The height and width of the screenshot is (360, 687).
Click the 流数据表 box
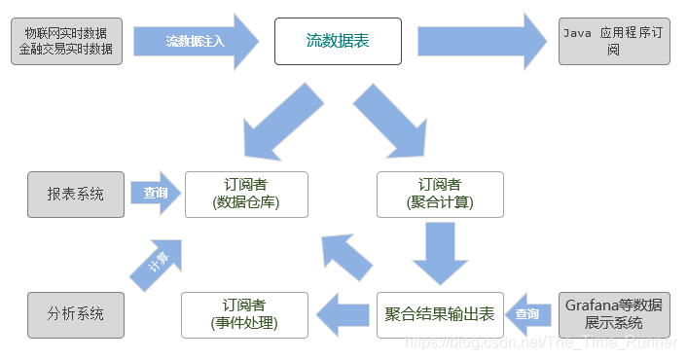(x=338, y=41)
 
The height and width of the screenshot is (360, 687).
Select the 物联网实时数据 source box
(x=66, y=41)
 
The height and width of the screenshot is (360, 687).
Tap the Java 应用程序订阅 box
(x=614, y=41)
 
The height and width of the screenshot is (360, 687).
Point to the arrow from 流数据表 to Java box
(x=483, y=41)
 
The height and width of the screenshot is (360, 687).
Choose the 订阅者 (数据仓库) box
(x=246, y=194)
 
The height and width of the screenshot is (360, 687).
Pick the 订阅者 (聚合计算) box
(x=440, y=194)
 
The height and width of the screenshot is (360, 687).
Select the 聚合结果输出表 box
(x=440, y=314)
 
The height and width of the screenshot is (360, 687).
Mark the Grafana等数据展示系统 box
(x=614, y=314)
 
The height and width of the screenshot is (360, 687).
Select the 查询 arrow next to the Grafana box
(x=530, y=314)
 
